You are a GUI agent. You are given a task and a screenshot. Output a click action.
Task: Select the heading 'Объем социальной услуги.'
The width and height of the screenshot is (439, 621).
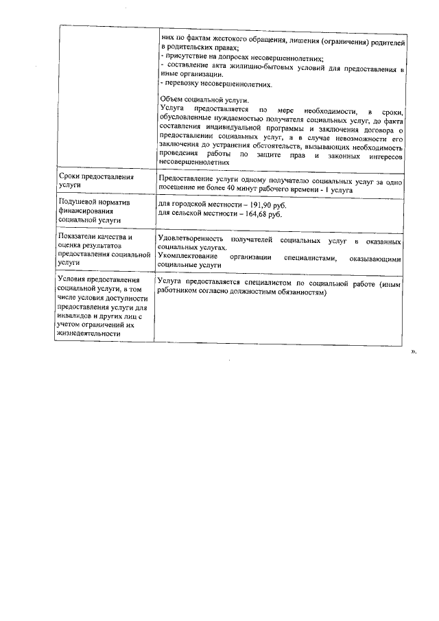coord(195,101)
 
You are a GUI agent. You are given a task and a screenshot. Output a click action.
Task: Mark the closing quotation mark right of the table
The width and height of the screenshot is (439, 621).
coord(413,349)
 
